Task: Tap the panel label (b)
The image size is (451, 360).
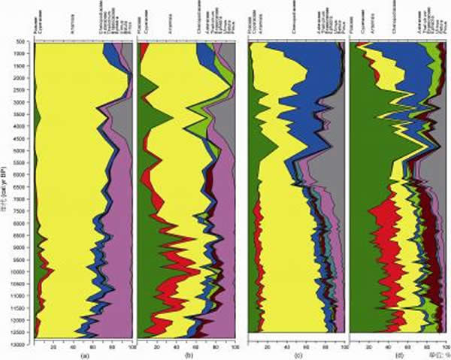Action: (x=186, y=354)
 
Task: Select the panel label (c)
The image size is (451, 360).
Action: (x=295, y=352)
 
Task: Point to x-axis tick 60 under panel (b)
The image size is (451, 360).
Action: (x=197, y=346)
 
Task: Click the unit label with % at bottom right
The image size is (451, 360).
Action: (x=434, y=352)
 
